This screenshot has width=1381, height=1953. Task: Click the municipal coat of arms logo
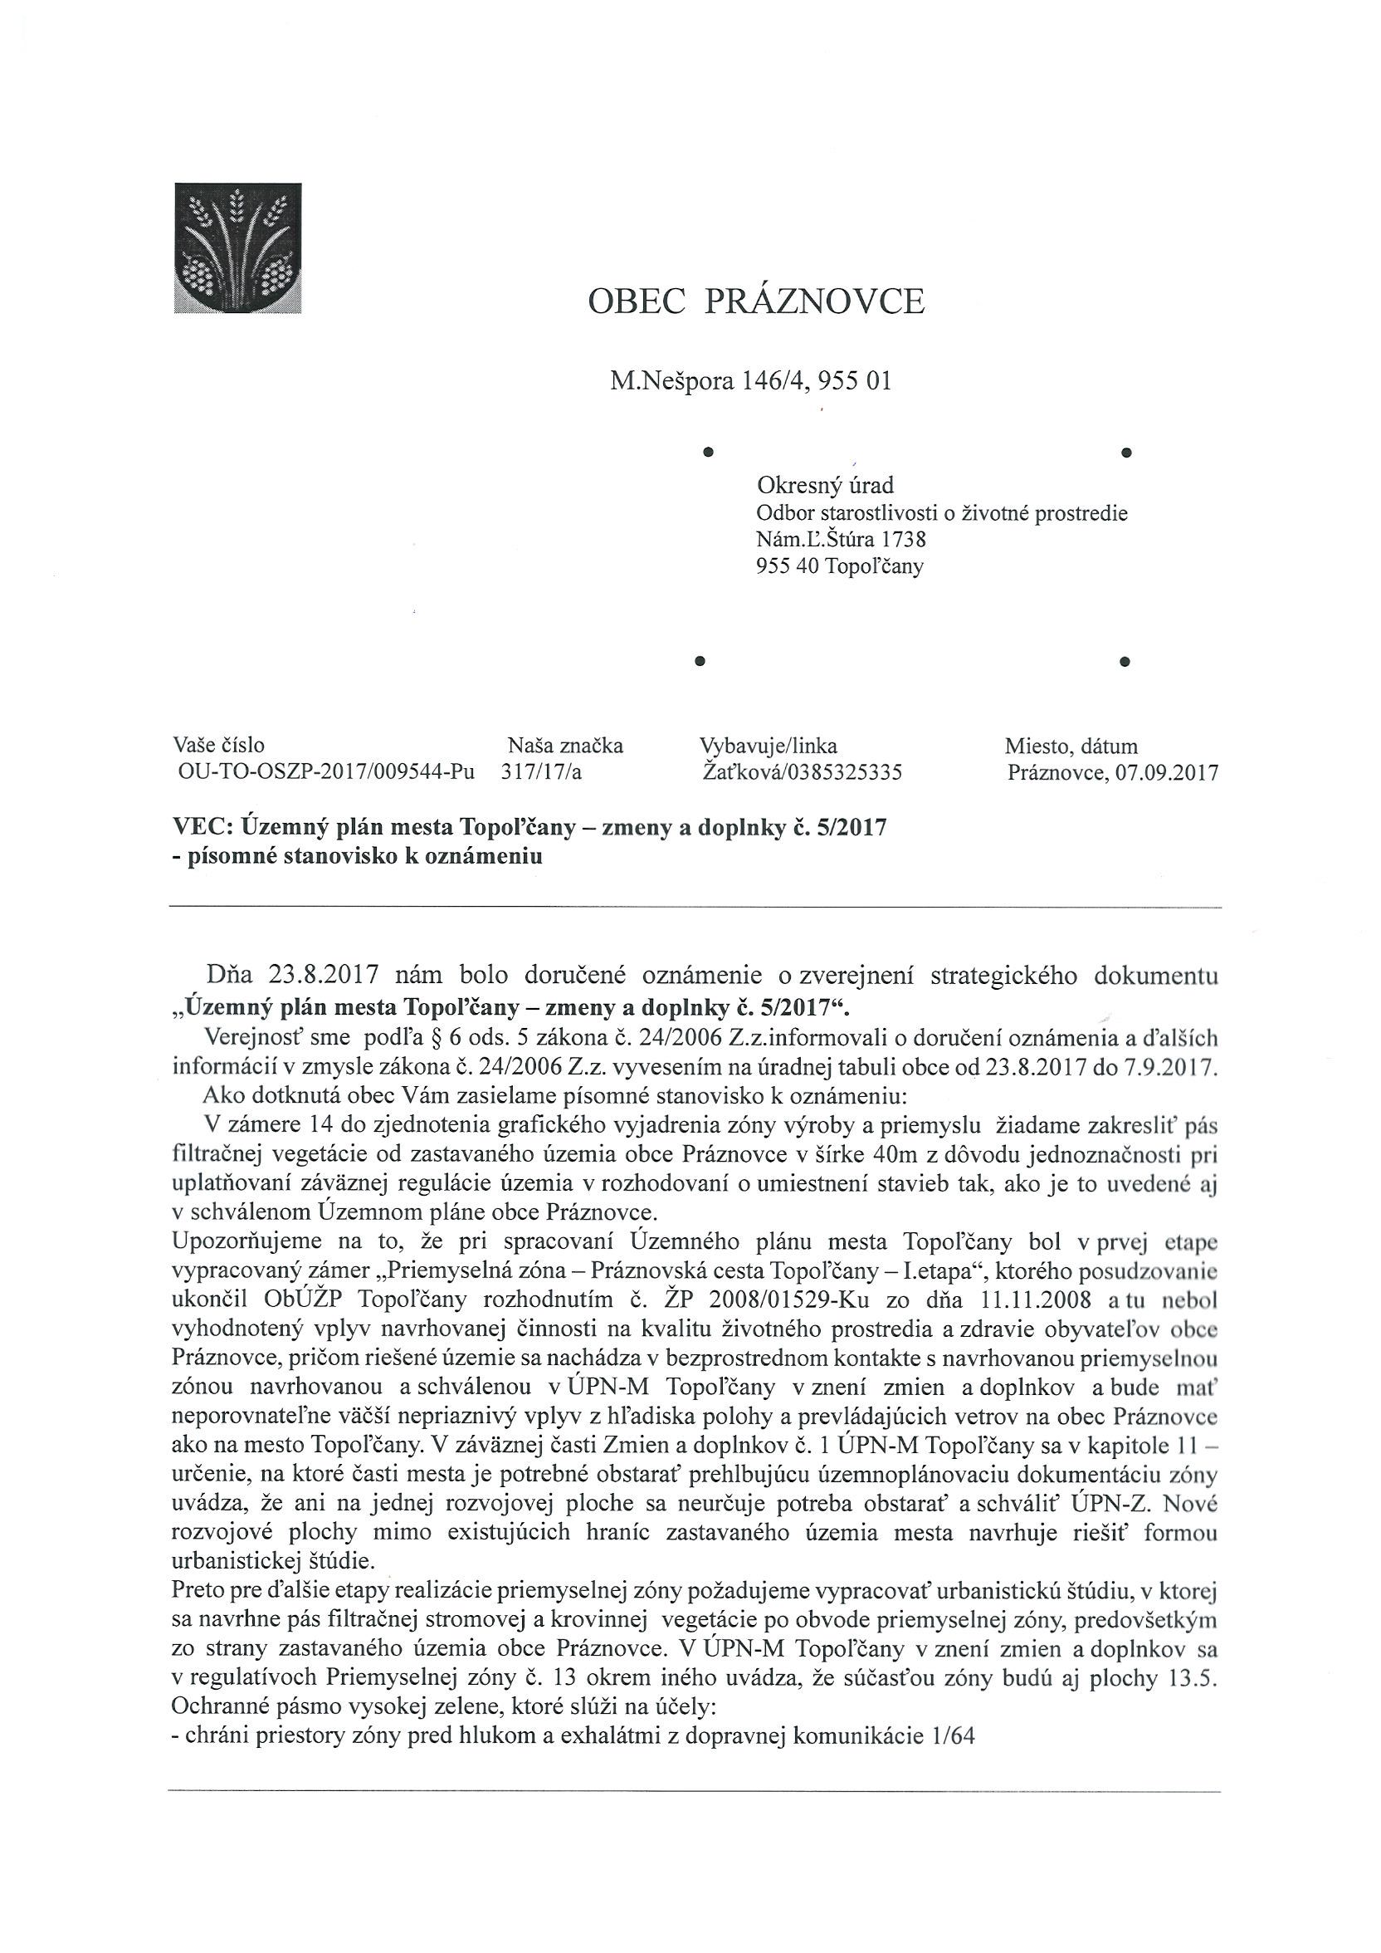click(237, 247)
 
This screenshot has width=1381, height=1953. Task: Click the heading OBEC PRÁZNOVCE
click(756, 302)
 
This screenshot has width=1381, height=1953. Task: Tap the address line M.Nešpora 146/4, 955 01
click(751, 381)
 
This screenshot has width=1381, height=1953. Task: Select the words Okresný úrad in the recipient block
click(825, 486)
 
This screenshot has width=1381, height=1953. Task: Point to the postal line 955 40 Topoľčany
click(839, 565)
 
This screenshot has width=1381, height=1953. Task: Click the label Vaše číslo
click(218, 746)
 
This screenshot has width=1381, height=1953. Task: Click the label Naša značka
click(565, 746)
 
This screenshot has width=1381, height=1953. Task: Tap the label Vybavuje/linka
click(768, 746)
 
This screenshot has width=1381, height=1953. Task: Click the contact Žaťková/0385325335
click(800, 772)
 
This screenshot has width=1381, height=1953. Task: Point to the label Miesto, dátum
click(1071, 746)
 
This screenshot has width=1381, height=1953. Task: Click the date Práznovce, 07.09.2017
click(1112, 773)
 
